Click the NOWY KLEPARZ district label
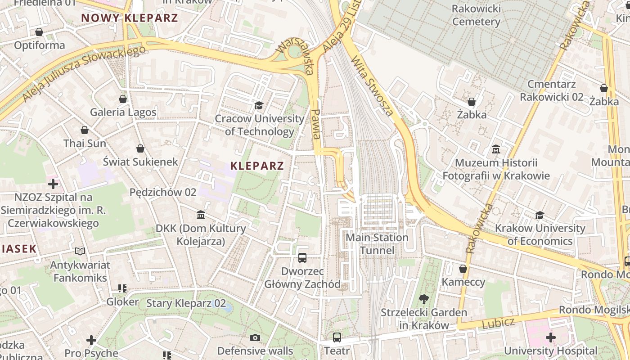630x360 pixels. tap(130, 18)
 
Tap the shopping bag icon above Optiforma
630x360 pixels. tap(39, 32)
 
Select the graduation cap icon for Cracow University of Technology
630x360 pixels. tap(259, 106)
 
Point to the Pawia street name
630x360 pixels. tap(316, 124)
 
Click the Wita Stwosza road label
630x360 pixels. tap(372, 85)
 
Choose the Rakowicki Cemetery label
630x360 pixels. tap(476, 15)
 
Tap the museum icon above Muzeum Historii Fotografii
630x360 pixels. tap(496, 149)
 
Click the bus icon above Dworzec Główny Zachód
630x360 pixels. tap(302, 258)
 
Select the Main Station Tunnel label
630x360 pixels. tap(377, 243)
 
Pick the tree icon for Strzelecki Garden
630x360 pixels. tap(423, 299)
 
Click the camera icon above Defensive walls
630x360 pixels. tap(255, 337)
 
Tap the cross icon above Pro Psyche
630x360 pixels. tap(91, 340)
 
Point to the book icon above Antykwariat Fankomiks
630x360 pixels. tap(80, 251)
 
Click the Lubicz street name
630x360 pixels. tap(498, 323)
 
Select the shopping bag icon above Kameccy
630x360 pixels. tap(463, 269)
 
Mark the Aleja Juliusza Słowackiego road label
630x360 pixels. tap(84, 73)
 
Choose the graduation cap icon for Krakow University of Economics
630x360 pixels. tap(540, 215)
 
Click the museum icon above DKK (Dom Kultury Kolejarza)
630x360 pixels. tap(201, 215)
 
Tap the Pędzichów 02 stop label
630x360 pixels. tap(163, 192)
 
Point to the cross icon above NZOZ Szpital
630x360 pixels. tap(53, 184)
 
